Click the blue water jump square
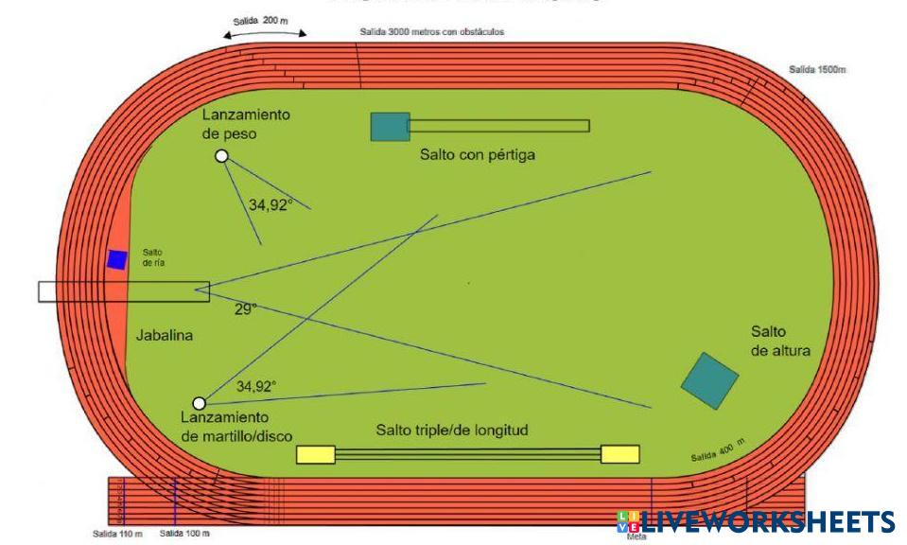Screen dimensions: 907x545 point(116,259)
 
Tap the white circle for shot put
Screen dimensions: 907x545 point(221,156)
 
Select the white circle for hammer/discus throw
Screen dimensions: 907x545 point(199,403)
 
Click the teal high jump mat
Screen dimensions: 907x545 point(709,380)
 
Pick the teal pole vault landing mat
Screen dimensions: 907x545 point(389,126)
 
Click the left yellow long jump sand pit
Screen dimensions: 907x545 point(315,454)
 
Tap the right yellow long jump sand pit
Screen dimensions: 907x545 point(619,454)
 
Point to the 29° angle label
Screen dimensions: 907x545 point(246,309)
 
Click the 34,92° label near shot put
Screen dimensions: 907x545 point(270,203)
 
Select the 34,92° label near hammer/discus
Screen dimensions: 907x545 point(256,386)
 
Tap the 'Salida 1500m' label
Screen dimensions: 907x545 point(817,70)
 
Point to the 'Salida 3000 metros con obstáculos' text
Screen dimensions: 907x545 point(431,31)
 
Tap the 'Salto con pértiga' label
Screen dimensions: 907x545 point(478,154)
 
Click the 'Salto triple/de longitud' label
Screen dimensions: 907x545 point(451,431)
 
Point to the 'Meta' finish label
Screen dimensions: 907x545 point(637,536)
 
